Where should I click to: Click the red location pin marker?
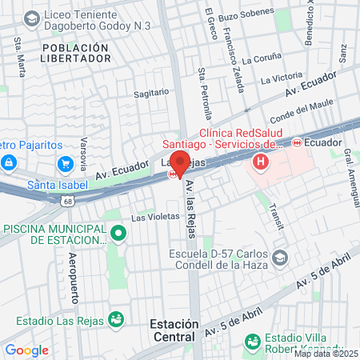click(180, 162)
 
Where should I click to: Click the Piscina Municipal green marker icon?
click(118, 233)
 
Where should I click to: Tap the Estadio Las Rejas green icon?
click(117, 319)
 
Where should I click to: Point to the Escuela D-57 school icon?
click(281, 258)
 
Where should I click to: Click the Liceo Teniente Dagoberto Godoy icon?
click(32, 18)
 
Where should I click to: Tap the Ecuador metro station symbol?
click(297, 142)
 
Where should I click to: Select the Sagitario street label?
click(151, 94)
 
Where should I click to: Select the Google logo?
click(26, 350)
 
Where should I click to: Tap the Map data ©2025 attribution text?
click(326, 354)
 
